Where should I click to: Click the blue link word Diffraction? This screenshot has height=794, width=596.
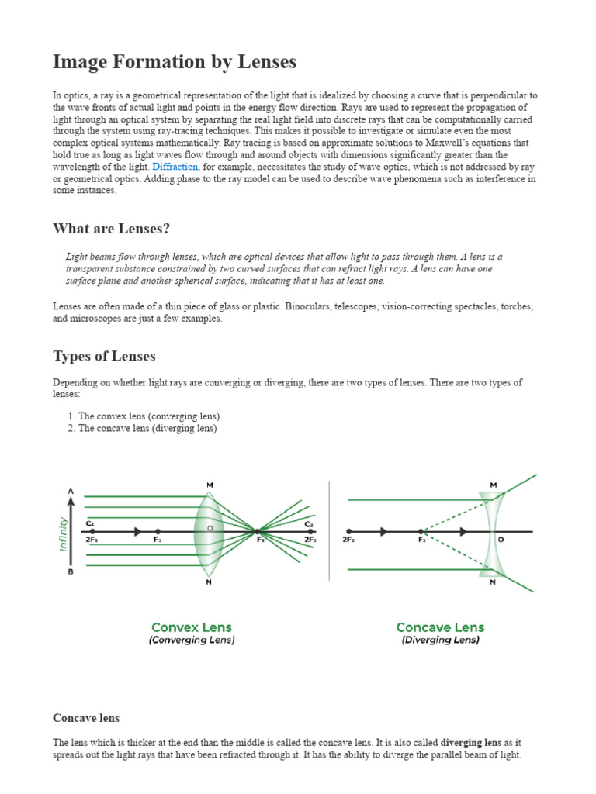[x=175, y=167]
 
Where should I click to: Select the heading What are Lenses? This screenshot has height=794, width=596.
[x=111, y=228]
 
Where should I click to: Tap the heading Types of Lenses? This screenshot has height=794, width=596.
[x=104, y=356]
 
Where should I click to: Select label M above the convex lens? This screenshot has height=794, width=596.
[x=210, y=485]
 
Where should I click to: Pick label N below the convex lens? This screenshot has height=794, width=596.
[x=209, y=582]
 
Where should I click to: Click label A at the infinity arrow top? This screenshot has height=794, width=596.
[x=71, y=491]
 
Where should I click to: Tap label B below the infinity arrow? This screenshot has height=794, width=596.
[x=71, y=572]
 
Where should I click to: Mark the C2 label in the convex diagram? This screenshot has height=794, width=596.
[x=309, y=523]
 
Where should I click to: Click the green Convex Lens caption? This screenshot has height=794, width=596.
[x=191, y=627]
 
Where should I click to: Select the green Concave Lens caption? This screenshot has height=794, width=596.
[x=440, y=627]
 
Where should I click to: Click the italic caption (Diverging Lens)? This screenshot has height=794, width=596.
[x=440, y=640]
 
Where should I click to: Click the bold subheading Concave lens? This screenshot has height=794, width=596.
[x=86, y=718]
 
